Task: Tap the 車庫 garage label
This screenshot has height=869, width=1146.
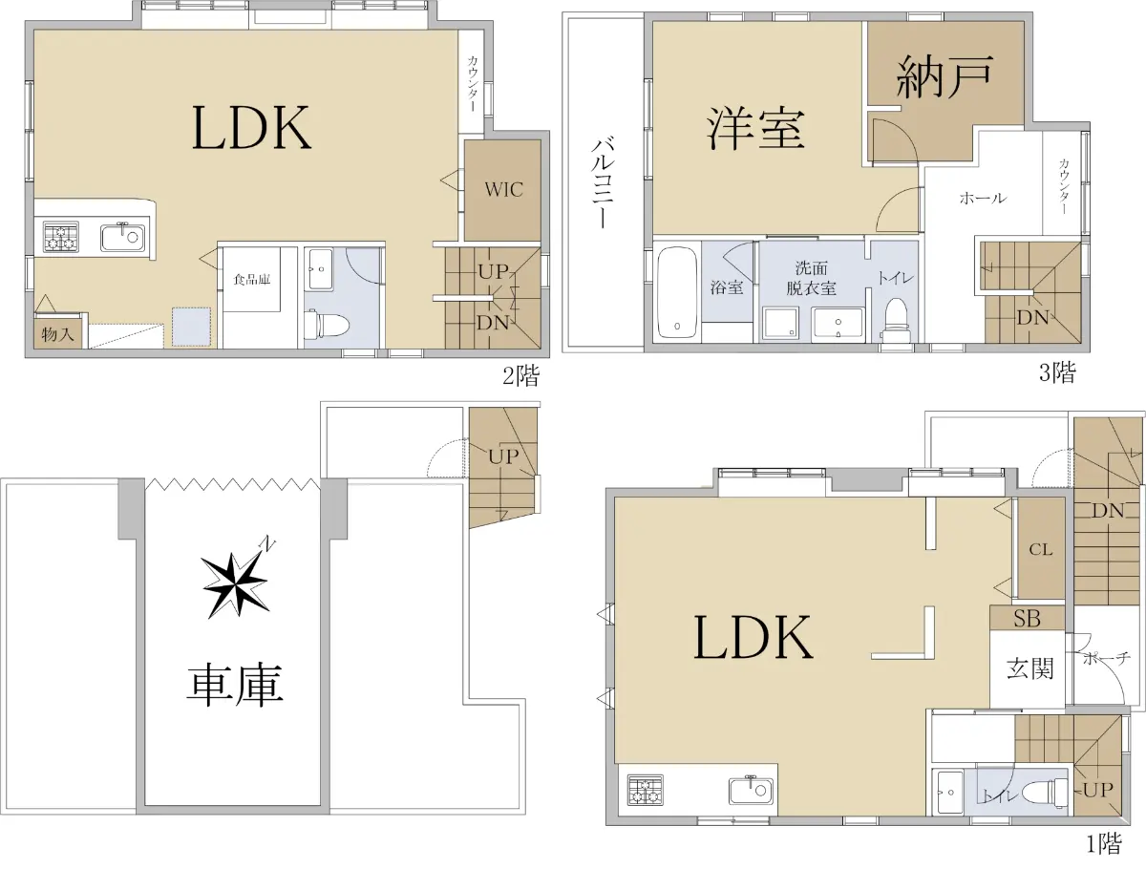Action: pos(235,685)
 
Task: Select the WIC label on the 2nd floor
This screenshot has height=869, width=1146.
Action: pos(503,189)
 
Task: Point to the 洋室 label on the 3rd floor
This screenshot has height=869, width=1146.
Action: pos(755,128)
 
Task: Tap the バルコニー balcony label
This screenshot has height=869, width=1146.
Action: pos(602,182)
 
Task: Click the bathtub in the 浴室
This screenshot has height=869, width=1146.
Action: pos(677,292)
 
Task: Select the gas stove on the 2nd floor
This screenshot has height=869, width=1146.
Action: pos(62,238)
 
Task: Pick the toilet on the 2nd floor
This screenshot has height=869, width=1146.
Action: pos(328,323)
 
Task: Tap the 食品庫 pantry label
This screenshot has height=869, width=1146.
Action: pos(252,279)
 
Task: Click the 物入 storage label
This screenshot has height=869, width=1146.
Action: pos(57,333)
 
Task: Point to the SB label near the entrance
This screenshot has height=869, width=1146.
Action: pos(1027,619)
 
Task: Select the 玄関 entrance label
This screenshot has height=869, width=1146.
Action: pos(1030,668)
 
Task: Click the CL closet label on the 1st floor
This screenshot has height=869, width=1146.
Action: pos(1041,550)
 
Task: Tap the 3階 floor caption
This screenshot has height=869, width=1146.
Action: pos(1057,372)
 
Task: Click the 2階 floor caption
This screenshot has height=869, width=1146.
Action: pos(520,376)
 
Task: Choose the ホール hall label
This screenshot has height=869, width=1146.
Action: pos(983,198)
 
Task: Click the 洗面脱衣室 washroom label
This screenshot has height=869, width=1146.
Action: pos(811,278)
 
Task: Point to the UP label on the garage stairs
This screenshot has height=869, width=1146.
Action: pos(504,456)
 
